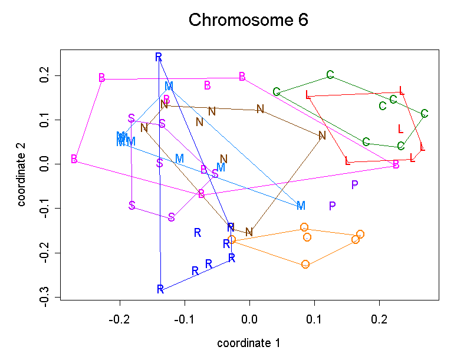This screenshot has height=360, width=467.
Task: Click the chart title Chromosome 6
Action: pos(248,21)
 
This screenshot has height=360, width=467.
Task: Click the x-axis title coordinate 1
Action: pos(248,343)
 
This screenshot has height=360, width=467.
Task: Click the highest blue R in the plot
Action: pos(159,57)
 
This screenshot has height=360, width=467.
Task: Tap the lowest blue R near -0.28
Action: pos(160,289)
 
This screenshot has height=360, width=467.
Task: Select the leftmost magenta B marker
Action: pos(74,159)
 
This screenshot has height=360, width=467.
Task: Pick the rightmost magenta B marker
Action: pos(396,165)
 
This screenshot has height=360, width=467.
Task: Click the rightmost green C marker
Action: pos(425,114)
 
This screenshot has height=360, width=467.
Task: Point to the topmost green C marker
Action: pos(330,75)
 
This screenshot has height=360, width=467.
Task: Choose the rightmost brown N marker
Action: pos(322,136)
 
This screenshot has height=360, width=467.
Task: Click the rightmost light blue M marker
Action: pos(301,206)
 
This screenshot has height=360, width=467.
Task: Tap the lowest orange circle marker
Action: pos(305,265)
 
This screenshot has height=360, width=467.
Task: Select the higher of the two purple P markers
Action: pos(354,185)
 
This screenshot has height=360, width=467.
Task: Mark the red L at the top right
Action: pos(402,91)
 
